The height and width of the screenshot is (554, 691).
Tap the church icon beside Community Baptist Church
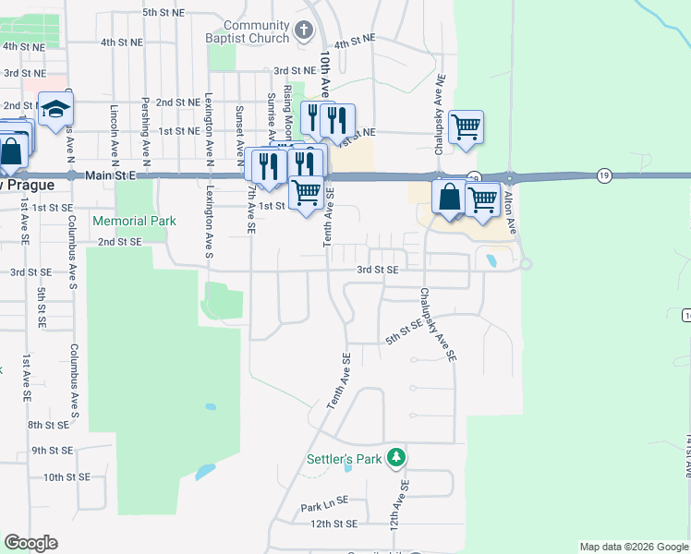(304, 32)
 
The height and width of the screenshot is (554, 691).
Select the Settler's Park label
(345, 459)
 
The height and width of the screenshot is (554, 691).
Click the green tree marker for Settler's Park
(396, 457)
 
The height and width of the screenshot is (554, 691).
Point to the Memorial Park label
(134, 222)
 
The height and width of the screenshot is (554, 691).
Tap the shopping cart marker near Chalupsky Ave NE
(466, 127)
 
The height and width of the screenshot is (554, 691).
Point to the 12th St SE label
(333, 524)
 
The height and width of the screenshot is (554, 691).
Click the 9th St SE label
(53, 451)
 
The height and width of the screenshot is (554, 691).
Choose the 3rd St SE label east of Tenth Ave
(378, 270)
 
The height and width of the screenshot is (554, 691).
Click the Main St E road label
(114, 175)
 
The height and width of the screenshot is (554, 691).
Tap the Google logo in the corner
(30, 543)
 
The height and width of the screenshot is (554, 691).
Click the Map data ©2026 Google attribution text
(634, 547)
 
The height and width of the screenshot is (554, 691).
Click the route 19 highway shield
(604, 174)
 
